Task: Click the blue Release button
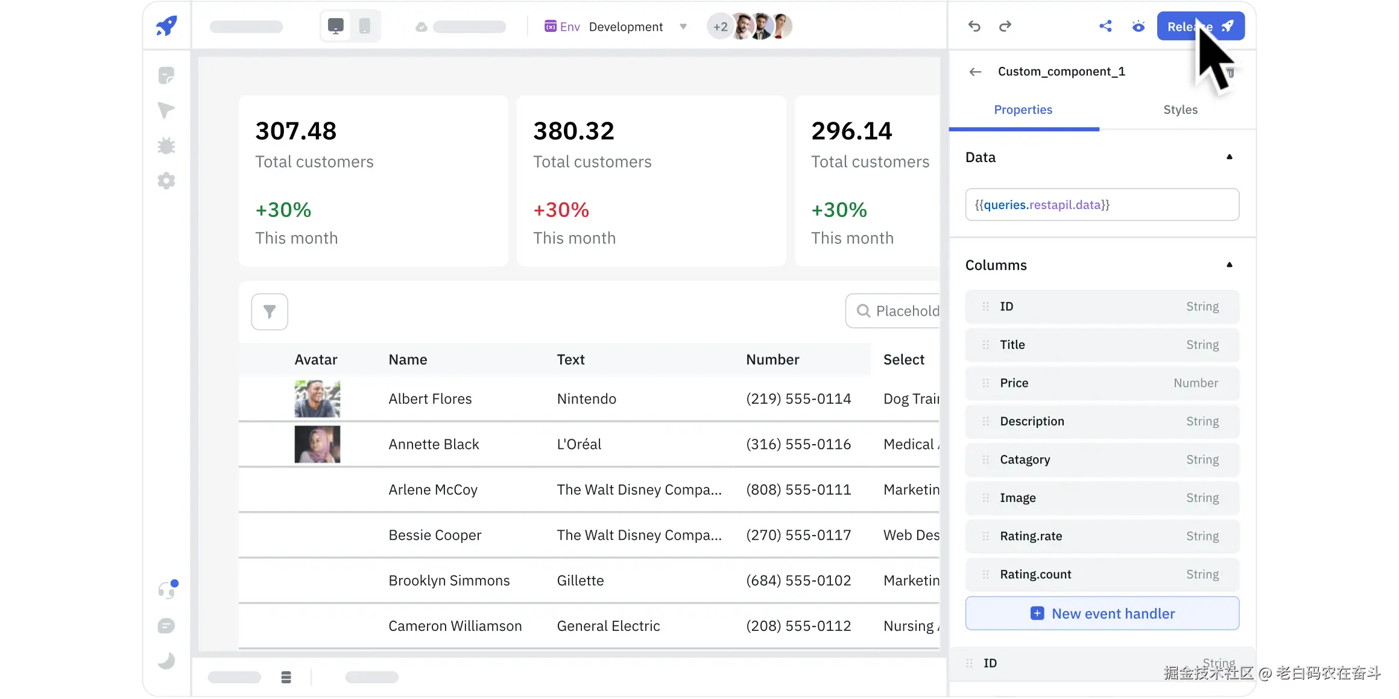1200,27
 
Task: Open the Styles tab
1180,110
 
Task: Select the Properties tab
1023,110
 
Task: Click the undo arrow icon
974,27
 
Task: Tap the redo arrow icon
1005,27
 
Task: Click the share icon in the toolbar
1105,27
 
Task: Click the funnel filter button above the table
270,312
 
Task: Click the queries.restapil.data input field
1102,205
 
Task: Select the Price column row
1102,383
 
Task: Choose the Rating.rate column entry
1102,536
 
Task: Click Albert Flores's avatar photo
317,399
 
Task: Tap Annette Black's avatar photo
317,445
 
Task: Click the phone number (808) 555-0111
798,490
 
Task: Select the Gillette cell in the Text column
580,581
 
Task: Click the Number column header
772,360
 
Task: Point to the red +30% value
561,210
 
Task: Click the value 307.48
295,131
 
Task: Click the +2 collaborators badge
720,27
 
